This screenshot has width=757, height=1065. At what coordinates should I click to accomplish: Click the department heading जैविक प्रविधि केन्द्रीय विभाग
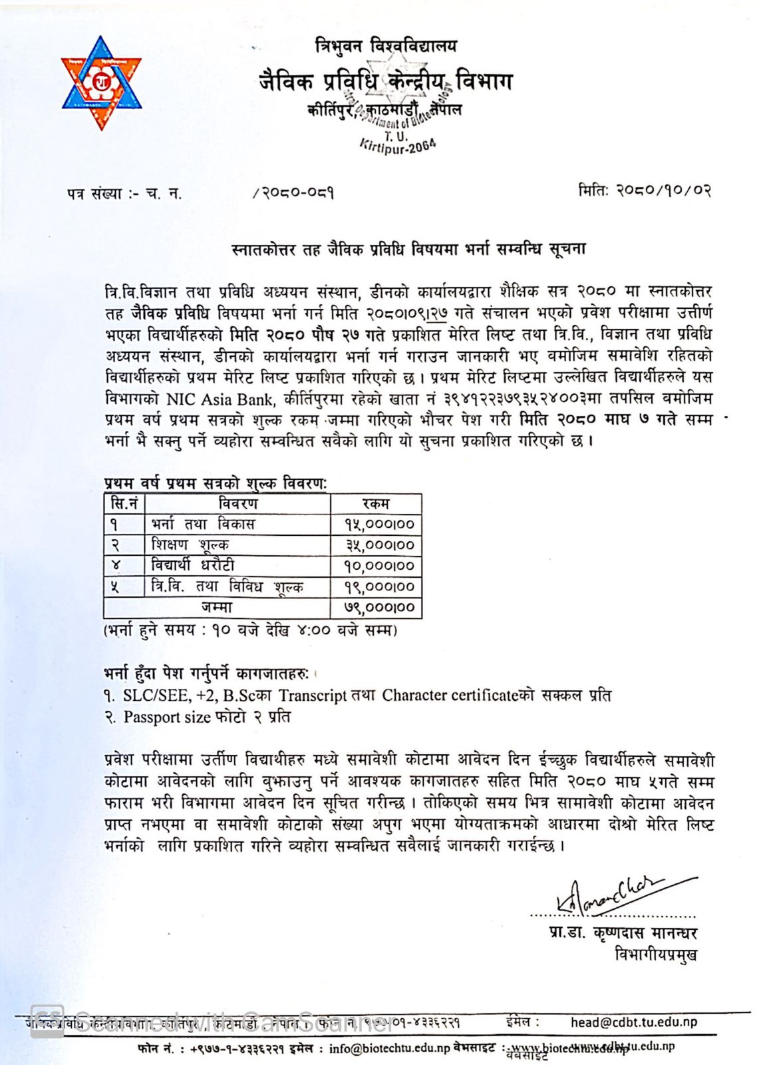(385, 81)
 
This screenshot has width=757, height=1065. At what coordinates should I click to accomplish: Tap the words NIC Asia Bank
(220, 399)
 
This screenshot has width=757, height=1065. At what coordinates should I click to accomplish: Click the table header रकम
(376, 504)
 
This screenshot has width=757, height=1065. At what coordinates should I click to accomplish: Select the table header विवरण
(237, 504)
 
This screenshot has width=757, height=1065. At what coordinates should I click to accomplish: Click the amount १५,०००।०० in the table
(378, 525)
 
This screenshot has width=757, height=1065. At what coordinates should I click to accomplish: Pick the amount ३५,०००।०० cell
(379, 545)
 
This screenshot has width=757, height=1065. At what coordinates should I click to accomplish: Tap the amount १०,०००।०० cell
(378, 566)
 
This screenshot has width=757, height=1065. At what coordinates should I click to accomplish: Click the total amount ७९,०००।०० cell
(378, 608)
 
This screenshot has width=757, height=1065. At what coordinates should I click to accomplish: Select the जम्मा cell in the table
(217, 608)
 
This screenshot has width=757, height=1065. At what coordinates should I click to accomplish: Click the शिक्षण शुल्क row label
(190, 545)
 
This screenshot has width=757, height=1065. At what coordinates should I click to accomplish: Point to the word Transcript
(313, 696)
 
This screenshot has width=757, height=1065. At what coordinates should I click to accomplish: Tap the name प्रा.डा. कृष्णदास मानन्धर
(623, 933)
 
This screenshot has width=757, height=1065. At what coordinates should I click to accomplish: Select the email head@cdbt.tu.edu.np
(633, 1022)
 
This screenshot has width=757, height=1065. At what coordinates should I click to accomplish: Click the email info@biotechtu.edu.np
(389, 1048)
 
